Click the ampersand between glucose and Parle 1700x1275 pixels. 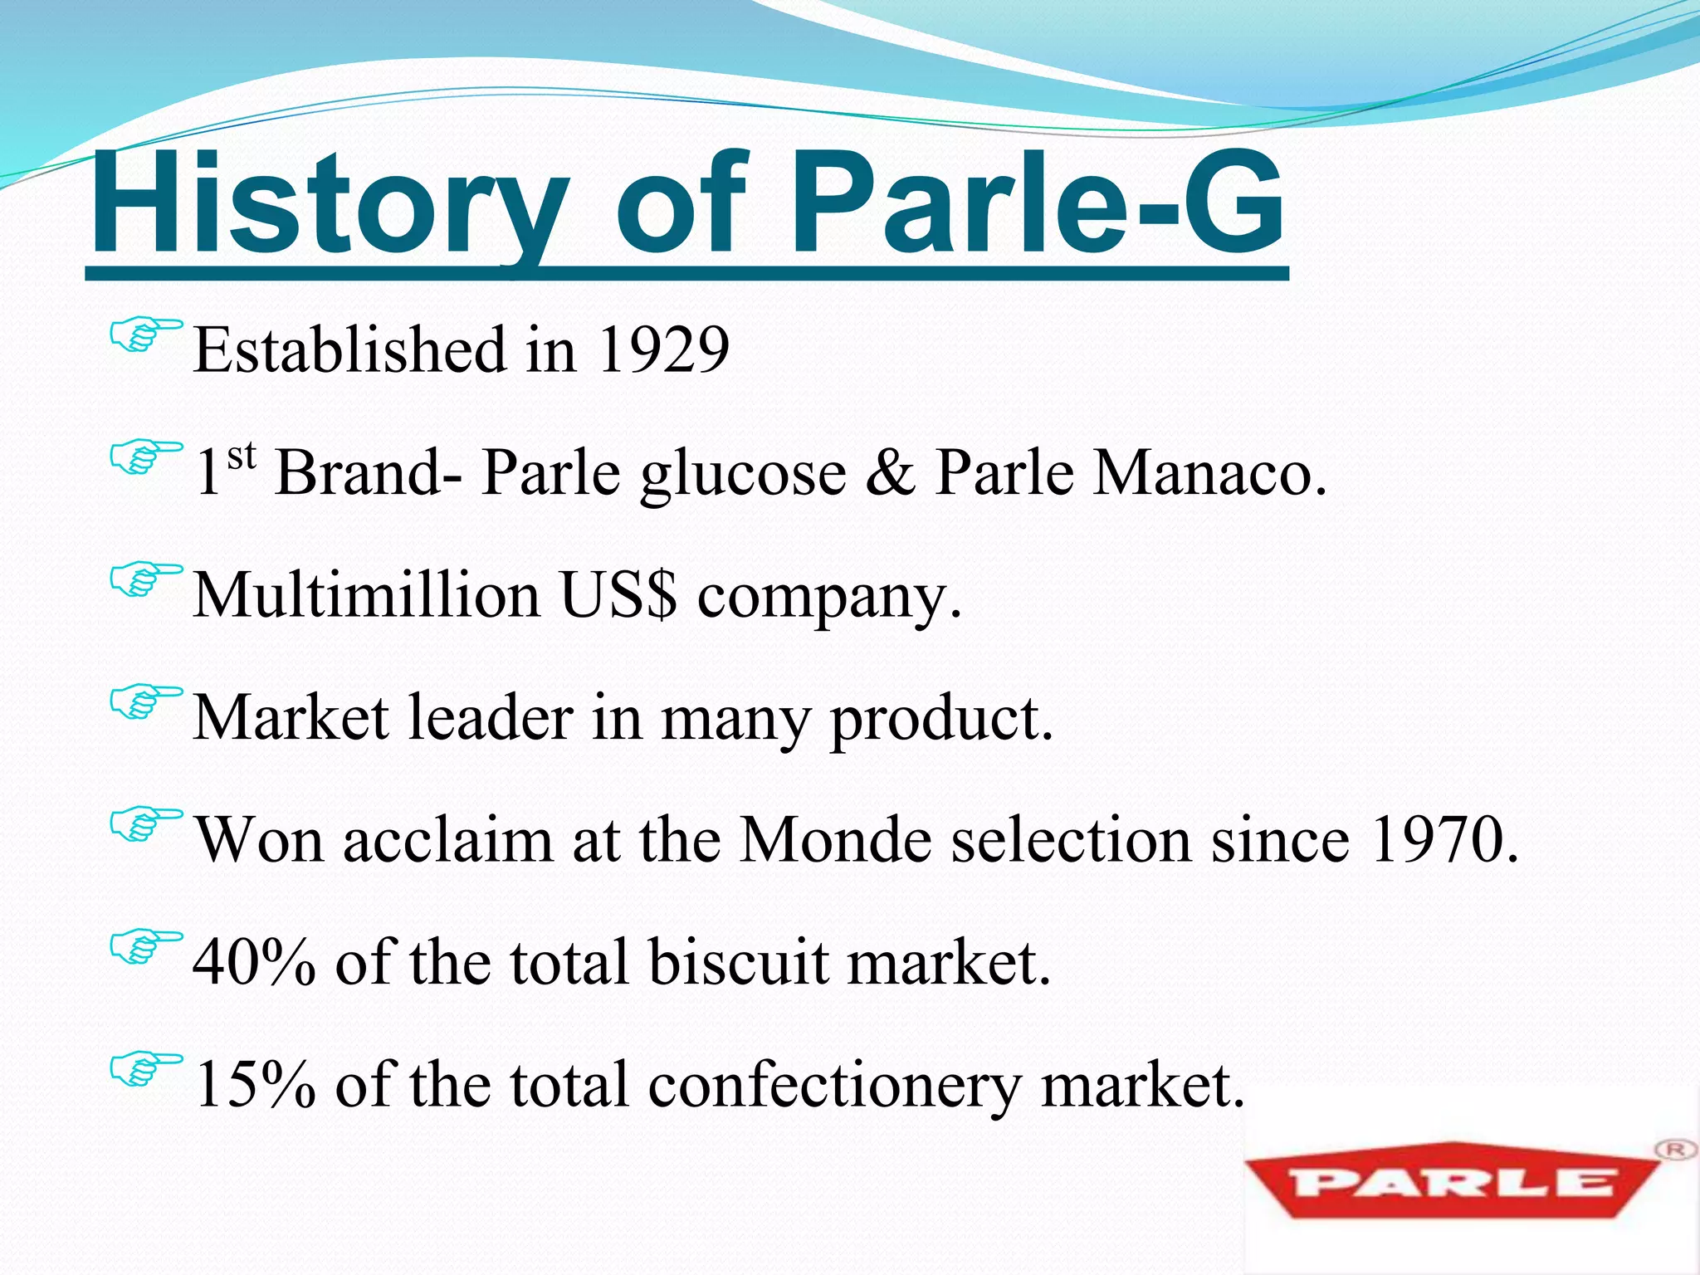pyautogui.click(x=890, y=473)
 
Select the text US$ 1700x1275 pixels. pyautogui.click(x=618, y=595)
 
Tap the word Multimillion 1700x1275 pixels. pyautogui.click(x=366, y=595)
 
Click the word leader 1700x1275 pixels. pyautogui.click(x=491, y=718)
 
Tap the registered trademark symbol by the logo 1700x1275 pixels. pyautogui.click(x=1673, y=1150)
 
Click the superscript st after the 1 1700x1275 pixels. pyautogui.click(x=241, y=456)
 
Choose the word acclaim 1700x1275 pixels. pyautogui.click(x=447, y=840)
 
